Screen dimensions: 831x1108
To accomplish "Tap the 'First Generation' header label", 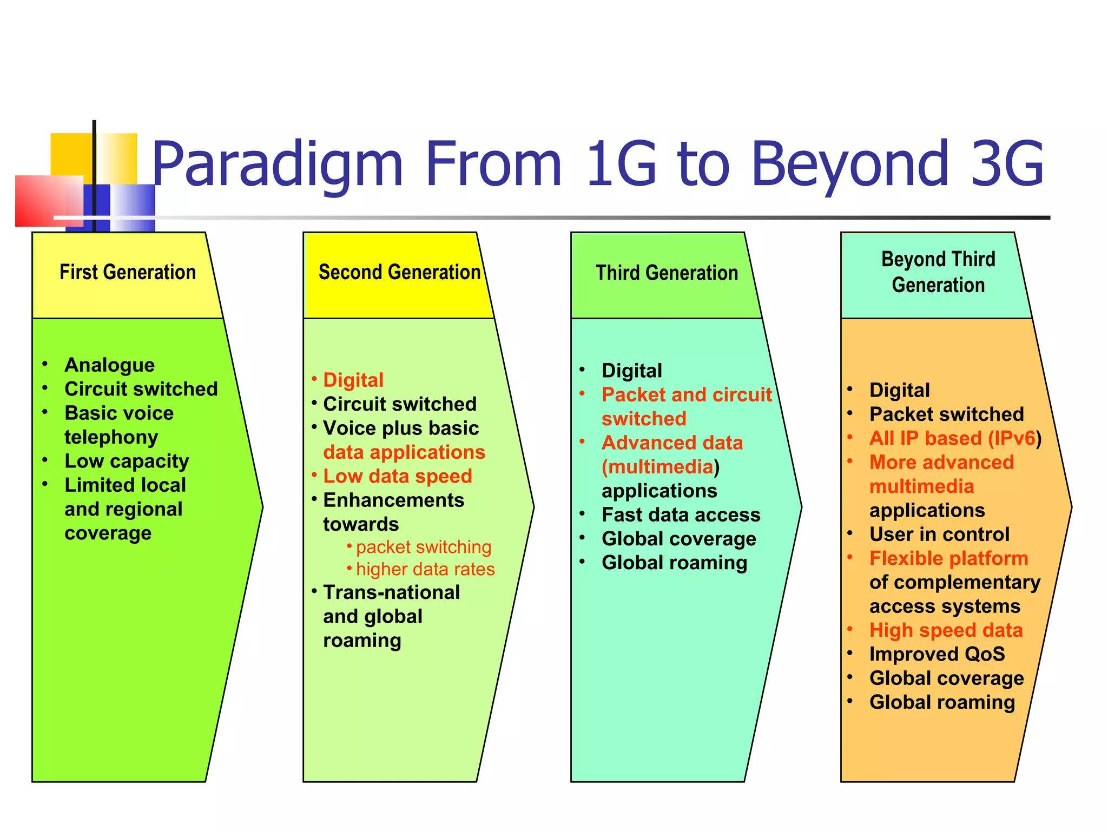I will [128, 272].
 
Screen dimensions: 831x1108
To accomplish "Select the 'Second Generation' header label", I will [399, 272].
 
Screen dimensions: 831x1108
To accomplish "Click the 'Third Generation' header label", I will [667, 273].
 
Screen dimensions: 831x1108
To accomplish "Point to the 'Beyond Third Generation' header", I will [938, 272].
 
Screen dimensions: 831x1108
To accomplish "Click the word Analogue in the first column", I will [110, 365].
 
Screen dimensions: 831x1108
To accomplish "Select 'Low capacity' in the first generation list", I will [127, 461].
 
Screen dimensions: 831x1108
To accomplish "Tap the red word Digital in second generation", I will [353, 380].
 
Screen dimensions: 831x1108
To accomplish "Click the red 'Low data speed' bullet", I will [398, 476].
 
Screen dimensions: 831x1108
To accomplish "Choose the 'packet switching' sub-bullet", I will [424, 547].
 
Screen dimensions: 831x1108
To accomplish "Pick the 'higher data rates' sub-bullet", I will [425, 569].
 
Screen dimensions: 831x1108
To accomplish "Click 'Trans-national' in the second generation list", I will [391, 592].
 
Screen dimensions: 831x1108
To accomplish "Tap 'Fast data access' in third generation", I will [681, 515].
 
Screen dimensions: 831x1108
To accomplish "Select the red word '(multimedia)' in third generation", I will [660, 467].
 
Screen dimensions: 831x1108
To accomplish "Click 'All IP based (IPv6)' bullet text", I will [955, 438].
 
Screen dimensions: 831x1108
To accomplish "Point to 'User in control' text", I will [939, 535].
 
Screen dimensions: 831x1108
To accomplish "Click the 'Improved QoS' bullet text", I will [937, 654].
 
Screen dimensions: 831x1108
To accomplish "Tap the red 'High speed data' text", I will [946, 630].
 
